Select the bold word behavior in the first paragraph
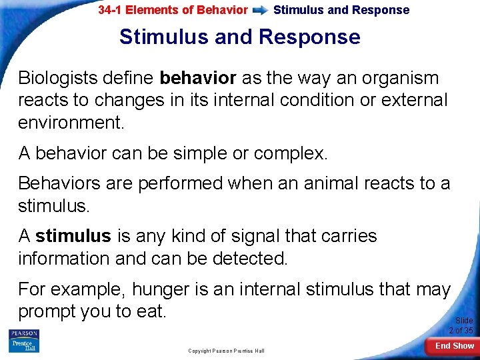pyautogui.click(x=198, y=79)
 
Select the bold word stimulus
pyautogui.click(x=73, y=236)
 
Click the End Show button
pyautogui.click(x=454, y=345)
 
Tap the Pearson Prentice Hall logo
pyautogui.click(x=24, y=341)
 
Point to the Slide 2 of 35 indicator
pyautogui.click(x=461, y=325)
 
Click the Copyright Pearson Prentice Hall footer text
pyautogui.click(x=226, y=351)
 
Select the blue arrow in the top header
pyautogui.click(x=261, y=11)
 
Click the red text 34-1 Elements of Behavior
pyautogui.click(x=173, y=10)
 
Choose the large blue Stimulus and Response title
pyautogui.click(x=239, y=37)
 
